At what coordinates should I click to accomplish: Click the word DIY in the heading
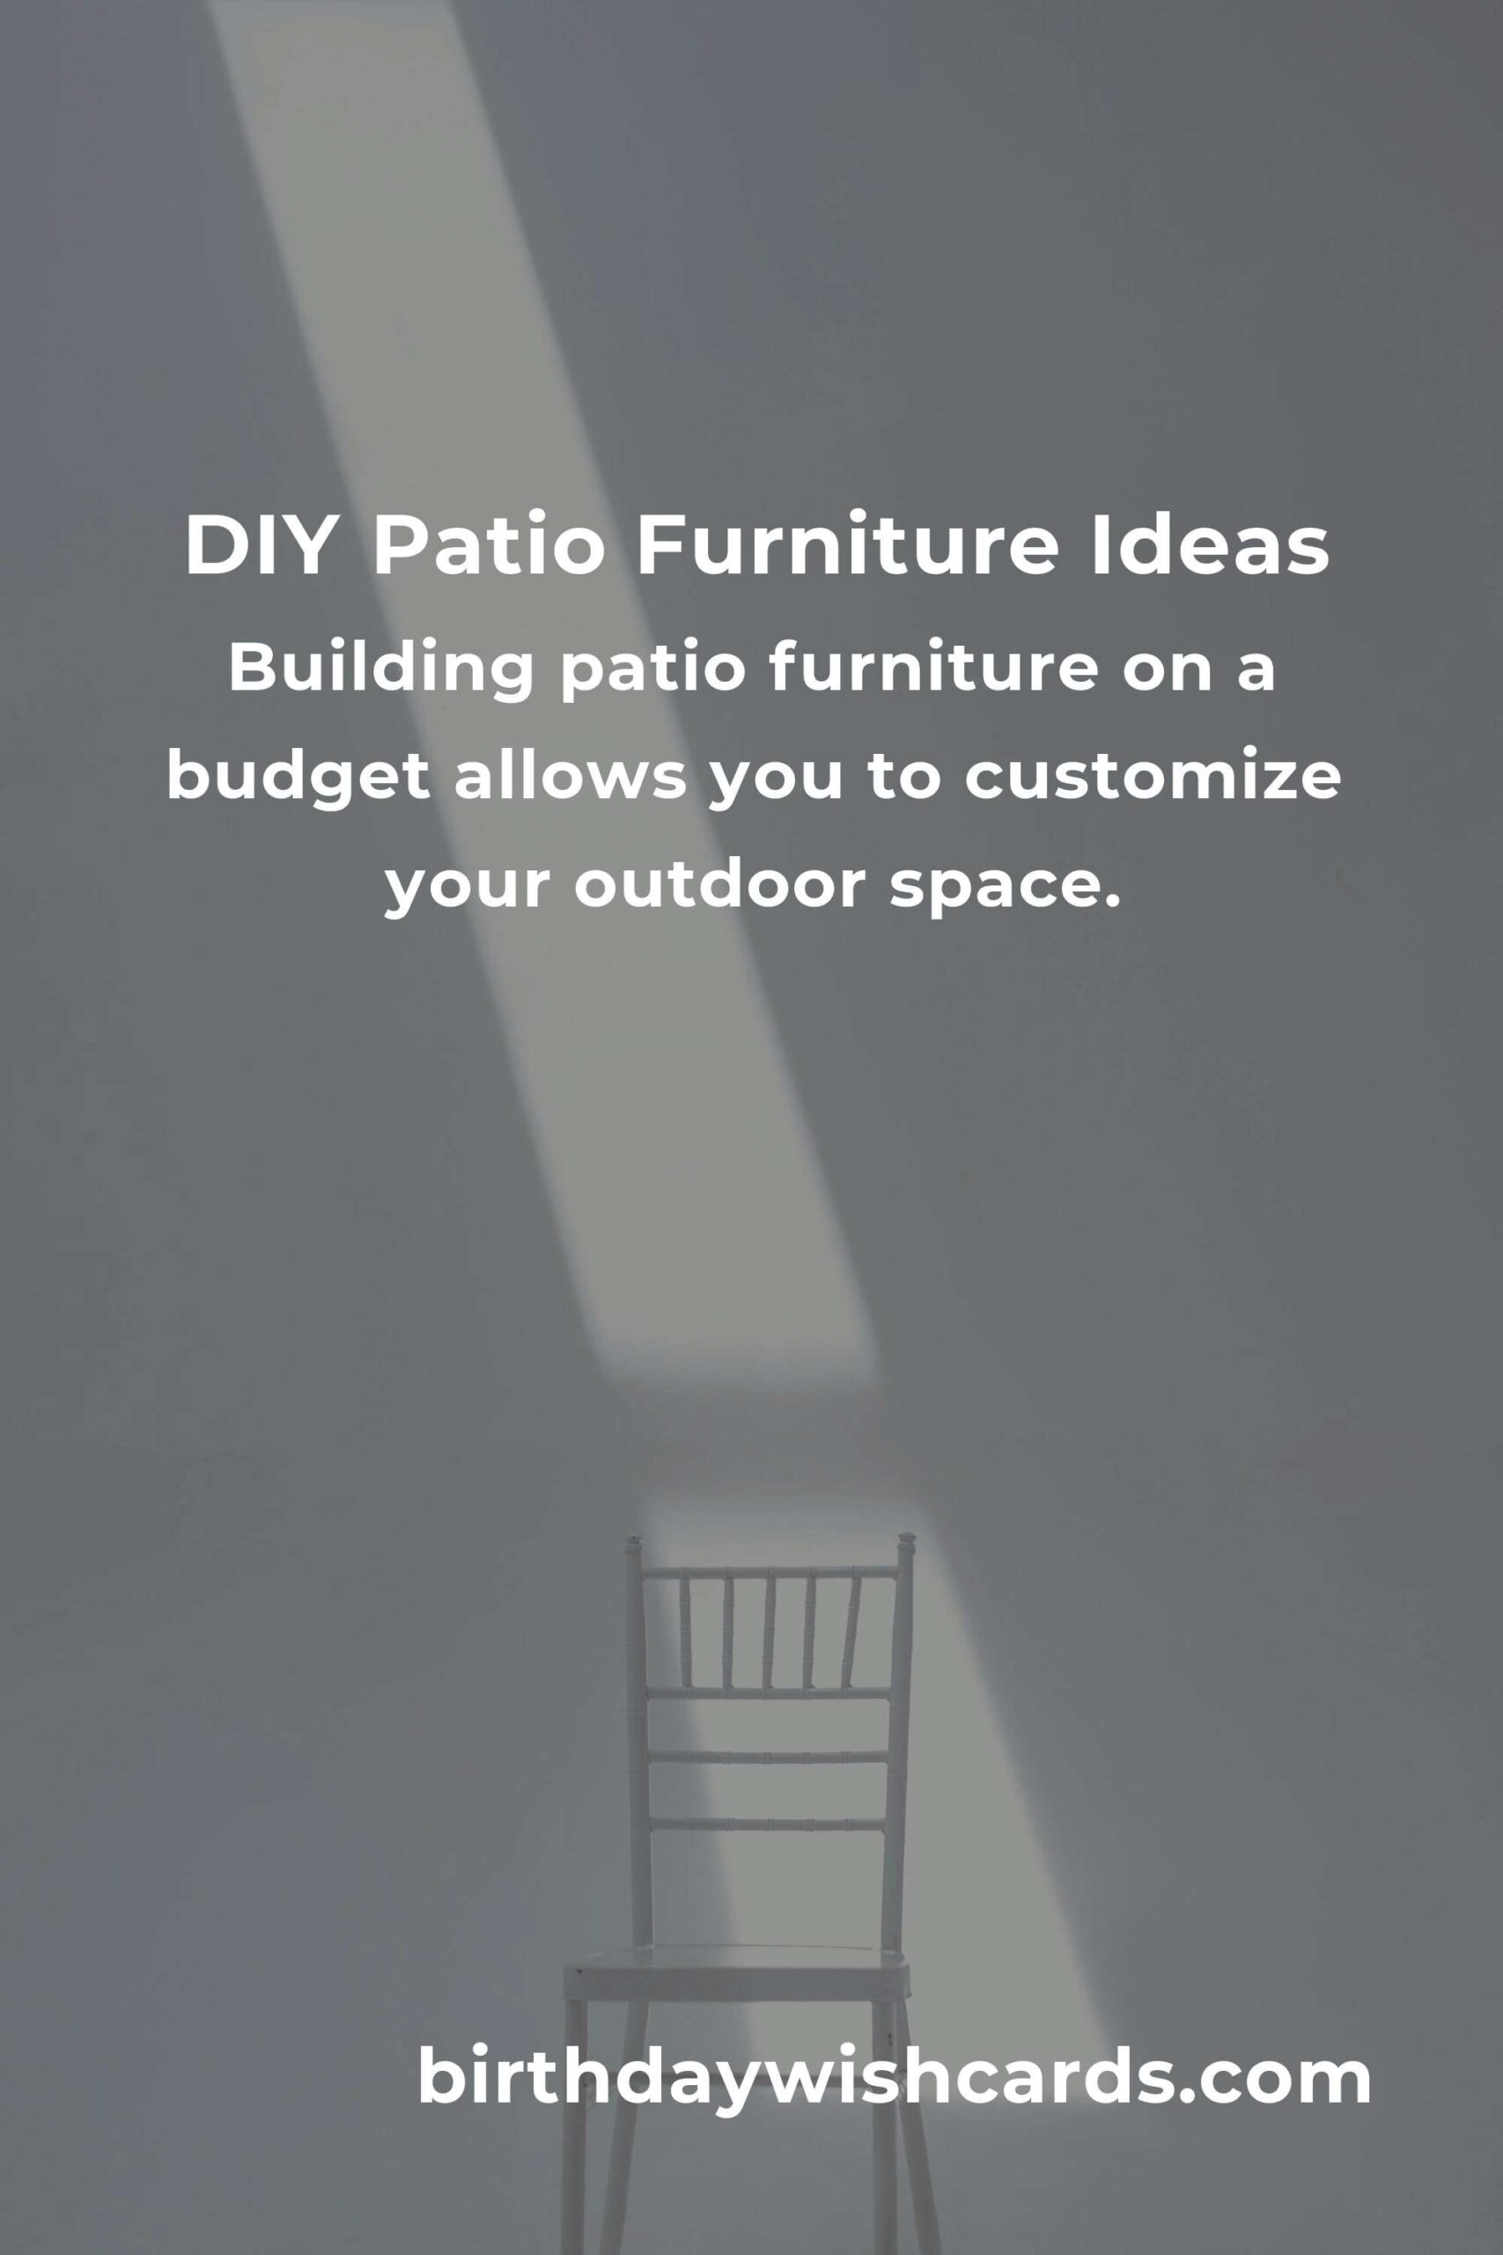pos(258,546)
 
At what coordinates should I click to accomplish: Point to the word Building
pos(379,670)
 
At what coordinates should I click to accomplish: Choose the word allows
pos(570,778)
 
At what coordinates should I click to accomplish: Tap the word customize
pos(1151,778)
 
